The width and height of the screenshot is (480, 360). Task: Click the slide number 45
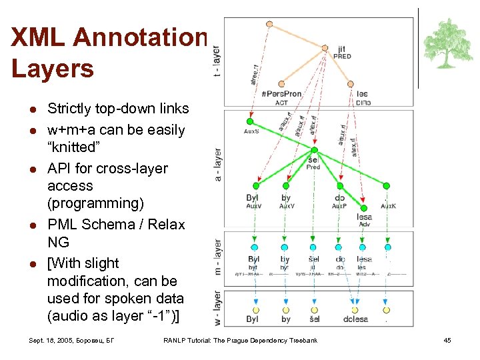click(447, 341)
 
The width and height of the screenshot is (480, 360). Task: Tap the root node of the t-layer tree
click(269, 24)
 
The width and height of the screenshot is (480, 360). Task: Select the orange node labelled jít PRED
click(325, 48)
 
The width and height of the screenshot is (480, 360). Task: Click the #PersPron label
click(281, 94)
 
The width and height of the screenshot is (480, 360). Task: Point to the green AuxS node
click(250, 121)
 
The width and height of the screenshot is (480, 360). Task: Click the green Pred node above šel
click(315, 150)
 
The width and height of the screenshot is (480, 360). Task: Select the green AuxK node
click(387, 186)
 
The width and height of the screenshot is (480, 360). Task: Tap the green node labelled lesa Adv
click(363, 199)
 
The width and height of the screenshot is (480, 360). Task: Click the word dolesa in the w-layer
click(355, 319)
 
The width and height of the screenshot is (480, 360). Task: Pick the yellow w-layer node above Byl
click(253, 310)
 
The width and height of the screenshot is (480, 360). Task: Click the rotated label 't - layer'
click(216, 60)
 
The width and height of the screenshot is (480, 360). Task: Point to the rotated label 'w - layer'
click(217, 308)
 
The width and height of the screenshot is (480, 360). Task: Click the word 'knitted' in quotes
click(75, 147)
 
